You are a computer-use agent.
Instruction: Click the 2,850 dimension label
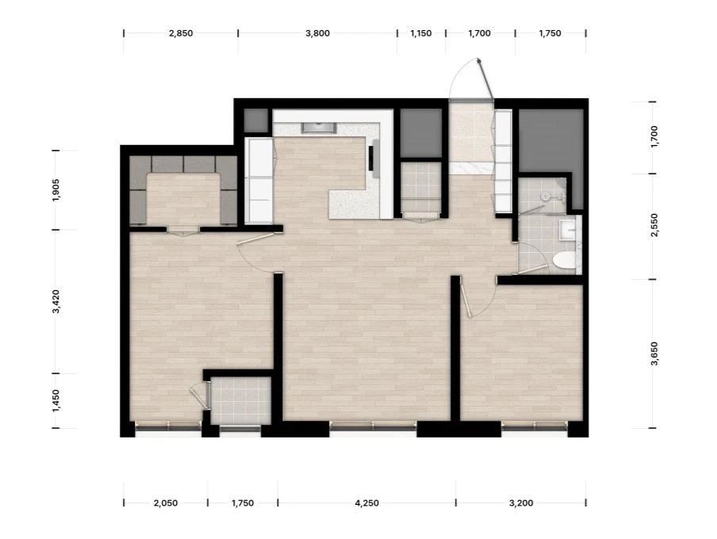tap(181, 33)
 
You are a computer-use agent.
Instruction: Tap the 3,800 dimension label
tap(317, 33)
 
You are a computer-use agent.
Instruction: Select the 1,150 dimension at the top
tap(420, 33)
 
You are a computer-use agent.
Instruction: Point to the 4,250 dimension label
tap(366, 503)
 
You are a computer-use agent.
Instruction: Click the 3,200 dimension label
tap(521, 503)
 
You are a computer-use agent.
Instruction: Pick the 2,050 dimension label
tap(166, 503)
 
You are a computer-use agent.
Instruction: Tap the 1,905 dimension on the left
tap(56, 189)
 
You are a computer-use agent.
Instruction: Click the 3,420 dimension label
tap(56, 301)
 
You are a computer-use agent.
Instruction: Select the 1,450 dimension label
tap(56, 400)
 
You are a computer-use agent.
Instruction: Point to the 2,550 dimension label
tap(655, 225)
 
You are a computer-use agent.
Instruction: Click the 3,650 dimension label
tap(655, 354)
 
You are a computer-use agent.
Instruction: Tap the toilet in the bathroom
tap(564, 260)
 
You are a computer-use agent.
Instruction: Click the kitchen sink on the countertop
tap(319, 128)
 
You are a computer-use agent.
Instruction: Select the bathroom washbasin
tap(568, 230)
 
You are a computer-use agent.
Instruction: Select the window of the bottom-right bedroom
tap(535, 426)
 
